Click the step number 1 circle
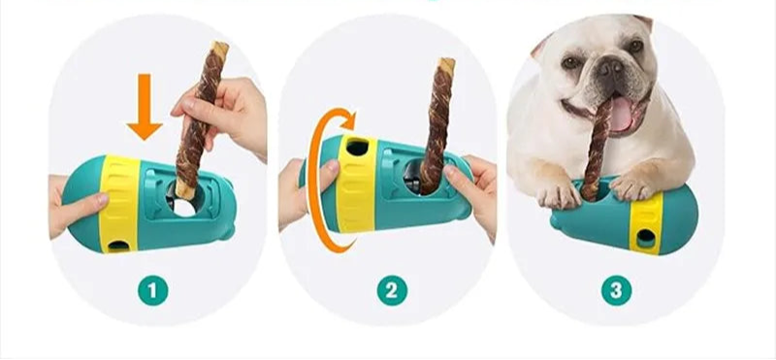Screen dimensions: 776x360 tap(153, 291)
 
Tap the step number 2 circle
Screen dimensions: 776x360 tap(392, 291)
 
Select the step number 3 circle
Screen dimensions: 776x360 tap(616, 291)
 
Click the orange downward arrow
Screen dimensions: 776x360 tap(144, 107)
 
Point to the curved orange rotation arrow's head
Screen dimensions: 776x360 tap(348, 118)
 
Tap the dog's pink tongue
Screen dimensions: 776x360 tap(621, 115)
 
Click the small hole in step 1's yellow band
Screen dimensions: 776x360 tap(117, 245)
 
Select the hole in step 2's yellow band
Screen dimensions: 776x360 tap(357, 147)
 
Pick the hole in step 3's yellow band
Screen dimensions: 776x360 tap(646, 239)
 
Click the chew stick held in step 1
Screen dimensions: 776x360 tap(201, 119)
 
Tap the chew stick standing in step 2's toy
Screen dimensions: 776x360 tap(436, 125)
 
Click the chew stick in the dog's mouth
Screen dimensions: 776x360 tap(597, 148)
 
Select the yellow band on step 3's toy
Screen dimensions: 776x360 tap(645, 223)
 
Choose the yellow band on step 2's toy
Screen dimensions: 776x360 tap(356, 184)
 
